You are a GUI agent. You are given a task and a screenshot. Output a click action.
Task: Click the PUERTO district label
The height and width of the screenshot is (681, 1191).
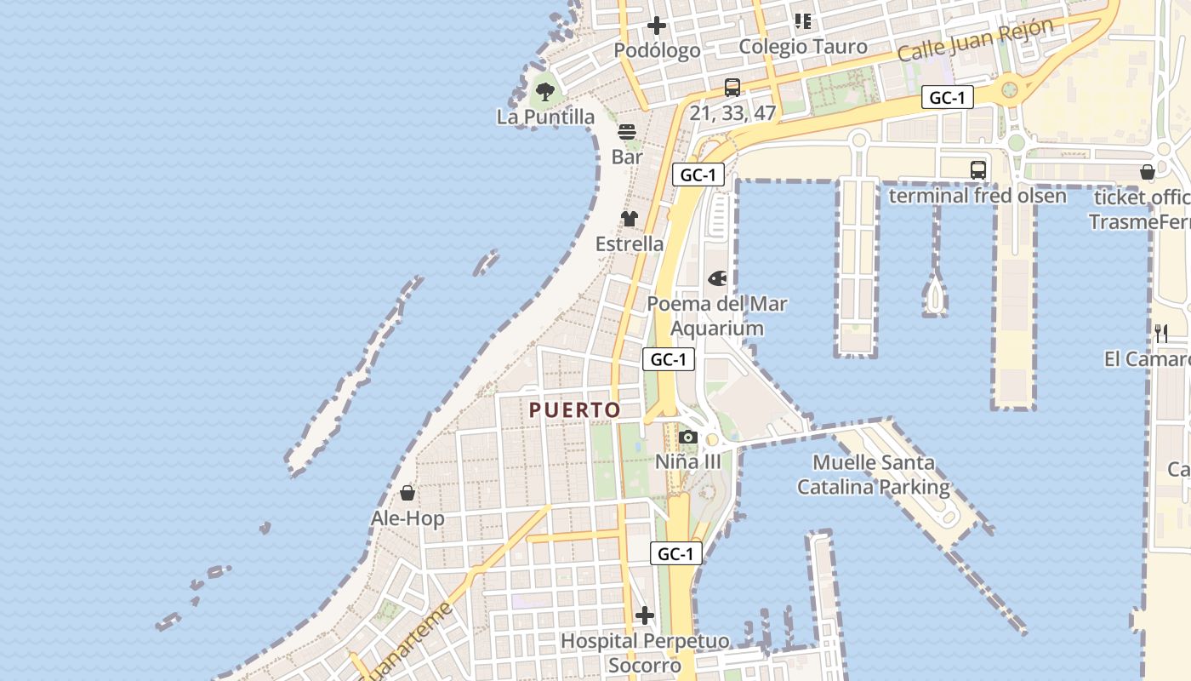[x=575, y=409]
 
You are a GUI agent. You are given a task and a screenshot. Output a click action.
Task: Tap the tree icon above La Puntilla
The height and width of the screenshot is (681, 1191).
[x=545, y=91]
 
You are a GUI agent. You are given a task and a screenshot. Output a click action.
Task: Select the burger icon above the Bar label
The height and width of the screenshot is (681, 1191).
[x=627, y=132]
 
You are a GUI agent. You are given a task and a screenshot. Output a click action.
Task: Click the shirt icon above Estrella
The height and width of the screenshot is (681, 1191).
[x=630, y=219]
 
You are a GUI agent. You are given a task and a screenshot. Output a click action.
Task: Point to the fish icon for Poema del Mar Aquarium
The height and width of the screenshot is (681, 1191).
[x=717, y=278]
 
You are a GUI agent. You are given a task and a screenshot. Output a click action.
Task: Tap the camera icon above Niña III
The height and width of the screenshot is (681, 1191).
[x=688, y=438]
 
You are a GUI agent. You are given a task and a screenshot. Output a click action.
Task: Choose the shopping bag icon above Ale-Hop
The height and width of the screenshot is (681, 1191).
[x=407, y=493]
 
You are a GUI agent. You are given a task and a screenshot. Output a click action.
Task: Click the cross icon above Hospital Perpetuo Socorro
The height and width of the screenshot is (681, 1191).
[x=645, y=615]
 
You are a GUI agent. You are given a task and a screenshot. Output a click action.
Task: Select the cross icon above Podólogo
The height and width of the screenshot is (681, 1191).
[x=657, y=26]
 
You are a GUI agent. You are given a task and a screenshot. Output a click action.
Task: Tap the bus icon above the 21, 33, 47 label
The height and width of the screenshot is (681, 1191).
[x=732, y=87]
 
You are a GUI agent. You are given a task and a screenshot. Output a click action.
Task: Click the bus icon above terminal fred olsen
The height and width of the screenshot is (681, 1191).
[x=978, y=170]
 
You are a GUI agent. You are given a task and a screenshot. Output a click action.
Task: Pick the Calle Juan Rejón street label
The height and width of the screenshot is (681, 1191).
[x=976, y=39]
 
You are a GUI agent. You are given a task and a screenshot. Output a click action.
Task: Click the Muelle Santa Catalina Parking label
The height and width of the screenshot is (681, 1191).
[x=873, y=475]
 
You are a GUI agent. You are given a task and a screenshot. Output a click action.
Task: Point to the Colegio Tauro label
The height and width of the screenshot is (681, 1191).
[x=803, y=47]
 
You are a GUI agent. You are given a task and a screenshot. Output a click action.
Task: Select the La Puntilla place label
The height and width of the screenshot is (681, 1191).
[x=545, y=117]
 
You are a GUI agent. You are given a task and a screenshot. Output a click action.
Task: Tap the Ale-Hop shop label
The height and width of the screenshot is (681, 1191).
[x=407, y=518]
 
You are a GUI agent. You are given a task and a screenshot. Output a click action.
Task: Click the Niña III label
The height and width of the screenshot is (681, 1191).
[x=688, y=462]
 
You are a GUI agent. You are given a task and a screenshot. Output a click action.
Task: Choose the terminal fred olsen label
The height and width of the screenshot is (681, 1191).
[x=977, y=196]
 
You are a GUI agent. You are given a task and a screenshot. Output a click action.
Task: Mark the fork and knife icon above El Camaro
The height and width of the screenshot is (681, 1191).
[x=1161, y=333]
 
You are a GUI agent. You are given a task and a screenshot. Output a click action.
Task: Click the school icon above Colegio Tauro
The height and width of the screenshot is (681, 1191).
[x=803, y=21]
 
